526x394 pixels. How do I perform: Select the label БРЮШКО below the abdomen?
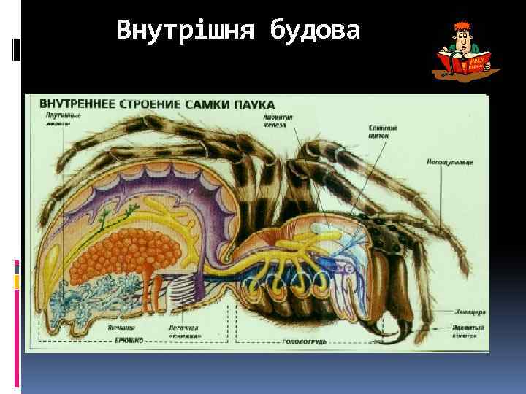131,340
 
